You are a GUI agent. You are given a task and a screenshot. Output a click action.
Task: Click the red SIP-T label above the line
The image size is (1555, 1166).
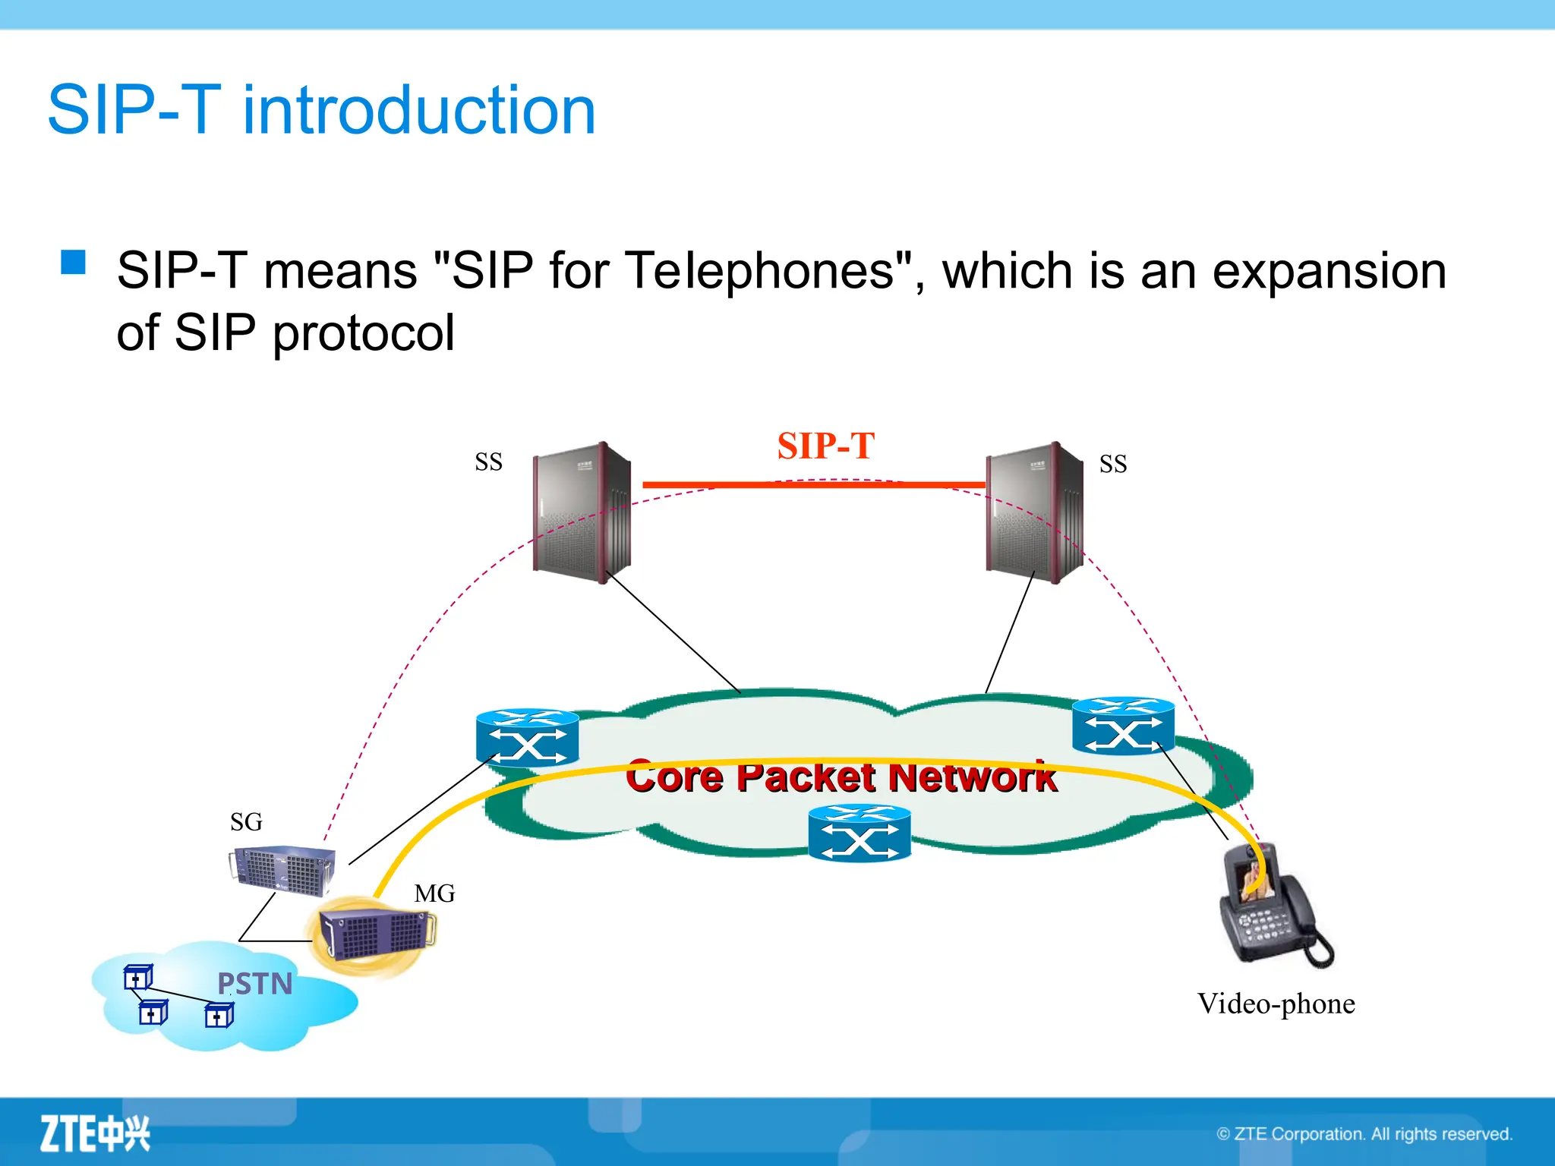click(825, 446)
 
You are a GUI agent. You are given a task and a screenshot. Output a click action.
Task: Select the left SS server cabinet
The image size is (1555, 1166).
click(582, 513)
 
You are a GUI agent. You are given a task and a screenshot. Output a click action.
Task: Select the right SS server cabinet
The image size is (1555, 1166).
click(1034, 513)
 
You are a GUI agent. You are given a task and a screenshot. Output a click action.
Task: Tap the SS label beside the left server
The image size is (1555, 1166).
click(488, 462)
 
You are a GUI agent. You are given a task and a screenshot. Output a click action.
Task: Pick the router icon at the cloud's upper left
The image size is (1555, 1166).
click(527, 737)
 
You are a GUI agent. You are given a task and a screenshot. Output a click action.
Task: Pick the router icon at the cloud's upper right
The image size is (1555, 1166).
click(1123, 726)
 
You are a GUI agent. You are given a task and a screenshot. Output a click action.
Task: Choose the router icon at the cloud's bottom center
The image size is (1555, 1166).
click(859, 834)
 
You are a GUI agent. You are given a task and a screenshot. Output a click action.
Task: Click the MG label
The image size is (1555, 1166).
click(434, 893)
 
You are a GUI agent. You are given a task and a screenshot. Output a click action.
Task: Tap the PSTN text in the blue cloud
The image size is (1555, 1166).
click(254, 984)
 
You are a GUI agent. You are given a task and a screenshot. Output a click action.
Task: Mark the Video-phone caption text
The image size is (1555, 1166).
click(1276, 1004)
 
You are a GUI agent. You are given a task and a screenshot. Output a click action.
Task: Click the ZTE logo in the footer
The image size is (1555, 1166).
click(95, 1134)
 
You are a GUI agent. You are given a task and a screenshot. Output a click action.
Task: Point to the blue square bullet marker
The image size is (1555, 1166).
click(74, 262)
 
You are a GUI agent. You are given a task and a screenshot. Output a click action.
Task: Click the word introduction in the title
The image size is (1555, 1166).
click(419, 111)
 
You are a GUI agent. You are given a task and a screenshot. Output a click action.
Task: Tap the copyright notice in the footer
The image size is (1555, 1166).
click(1364, 1134)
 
